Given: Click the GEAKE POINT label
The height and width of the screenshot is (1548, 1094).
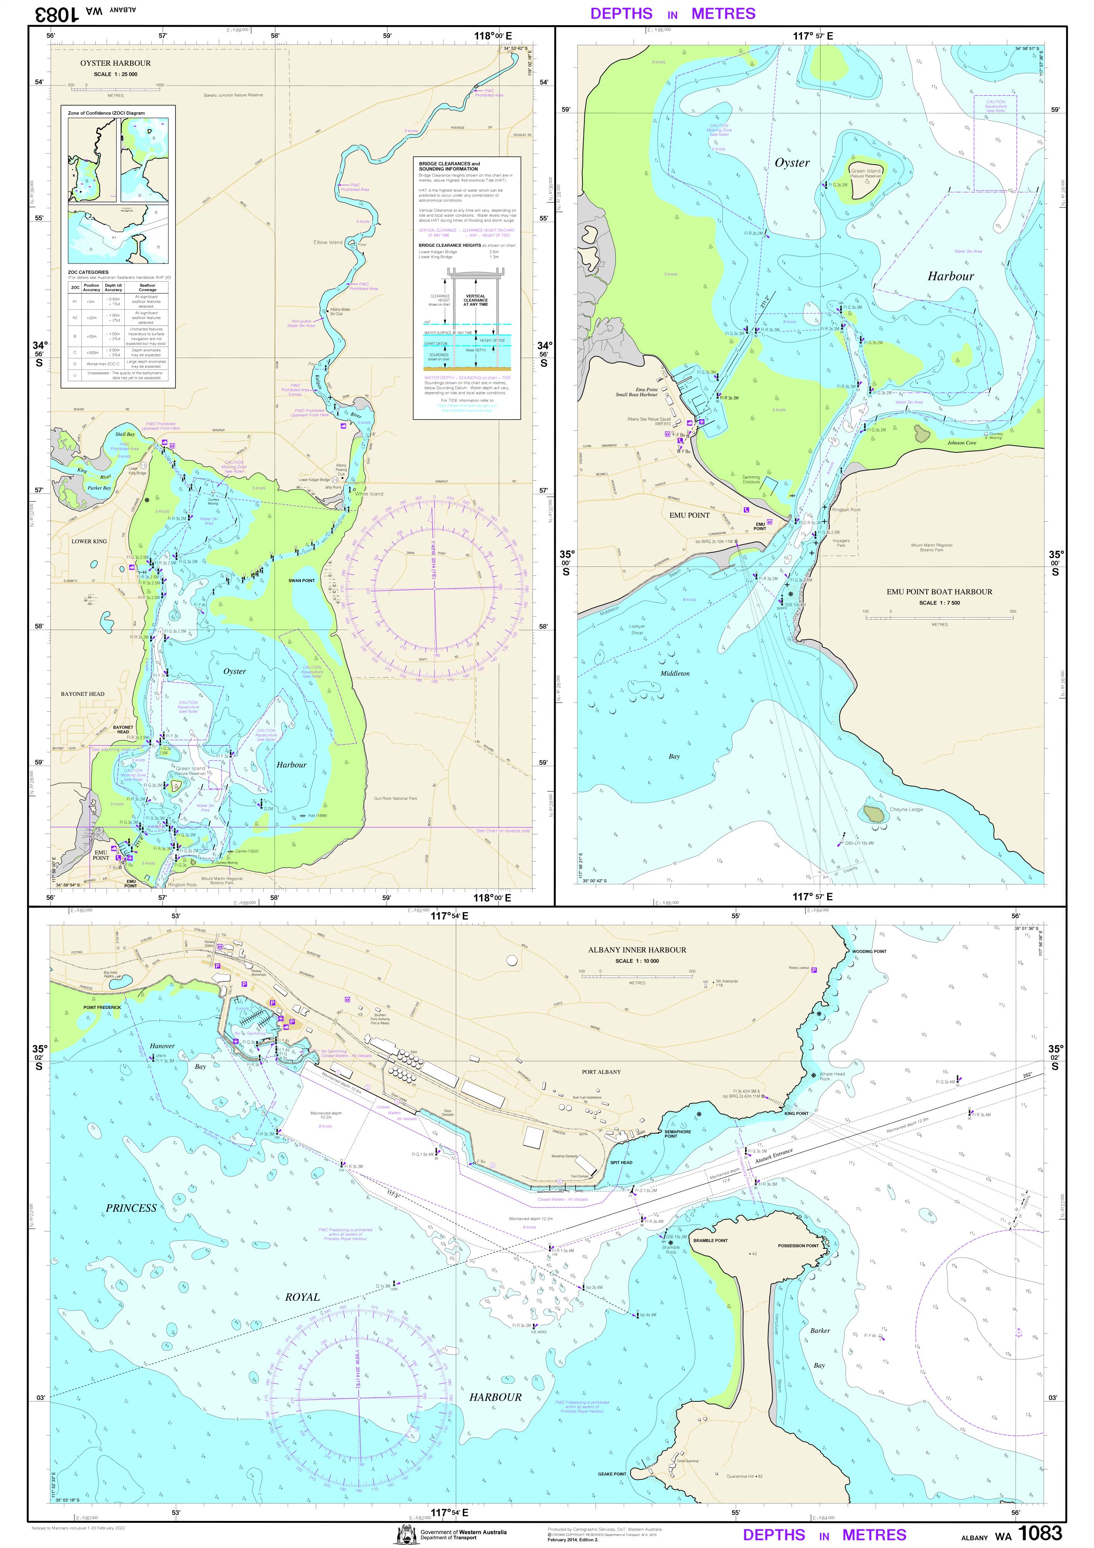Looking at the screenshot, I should click(x=612, y=1474).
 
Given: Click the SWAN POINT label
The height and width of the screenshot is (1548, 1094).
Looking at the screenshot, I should click(x=302, y=580).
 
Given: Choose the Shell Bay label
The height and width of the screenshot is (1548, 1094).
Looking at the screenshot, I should click(x=125, y=434).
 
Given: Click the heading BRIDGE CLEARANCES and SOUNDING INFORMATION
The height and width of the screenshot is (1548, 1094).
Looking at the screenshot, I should click(x=449, y=166).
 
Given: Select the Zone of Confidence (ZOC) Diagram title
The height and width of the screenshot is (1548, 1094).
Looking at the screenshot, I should click(x=106, y=113).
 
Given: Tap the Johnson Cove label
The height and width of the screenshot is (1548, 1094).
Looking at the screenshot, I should click(x=961, y=443).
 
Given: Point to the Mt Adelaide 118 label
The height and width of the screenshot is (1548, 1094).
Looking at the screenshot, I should click(x=726, y=983).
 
